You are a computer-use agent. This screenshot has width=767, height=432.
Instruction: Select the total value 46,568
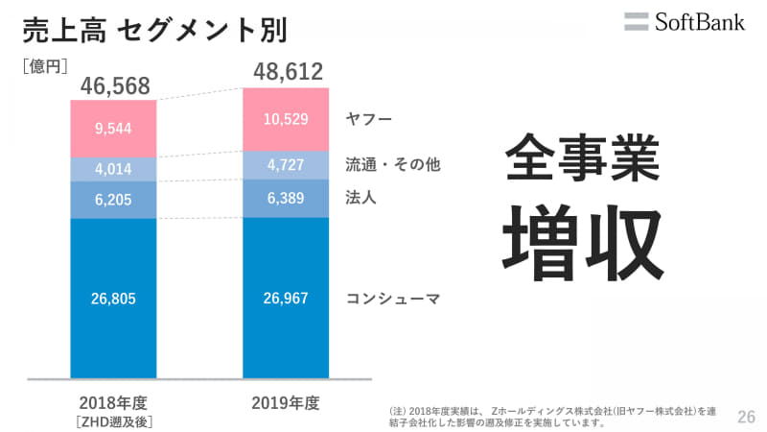(x=115, y=85)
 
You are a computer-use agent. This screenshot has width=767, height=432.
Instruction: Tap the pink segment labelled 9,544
(x=113, y=129)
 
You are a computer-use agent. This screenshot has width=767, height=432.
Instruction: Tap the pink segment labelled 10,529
(x=286, y=119)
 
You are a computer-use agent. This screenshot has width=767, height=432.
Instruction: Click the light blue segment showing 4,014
(x=113, y=170)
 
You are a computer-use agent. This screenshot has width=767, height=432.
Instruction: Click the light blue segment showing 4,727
(x=286, y=164)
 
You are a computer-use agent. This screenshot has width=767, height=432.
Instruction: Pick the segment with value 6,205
(x=113, y=201)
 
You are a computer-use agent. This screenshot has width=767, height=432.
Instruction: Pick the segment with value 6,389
(x=286, y=198)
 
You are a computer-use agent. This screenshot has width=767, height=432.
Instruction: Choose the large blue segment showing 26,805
(x=113, y=299)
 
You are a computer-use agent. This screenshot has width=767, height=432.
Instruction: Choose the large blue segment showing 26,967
(x=286, y=298)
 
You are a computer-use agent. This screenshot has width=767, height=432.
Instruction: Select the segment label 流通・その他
(x=392, y=164)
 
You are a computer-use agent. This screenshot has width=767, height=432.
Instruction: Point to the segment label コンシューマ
(x=392, y=298)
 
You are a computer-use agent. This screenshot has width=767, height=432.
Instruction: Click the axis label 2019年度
(x=286, y=401)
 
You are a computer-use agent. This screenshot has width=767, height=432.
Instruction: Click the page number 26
(x=746, y=417)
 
